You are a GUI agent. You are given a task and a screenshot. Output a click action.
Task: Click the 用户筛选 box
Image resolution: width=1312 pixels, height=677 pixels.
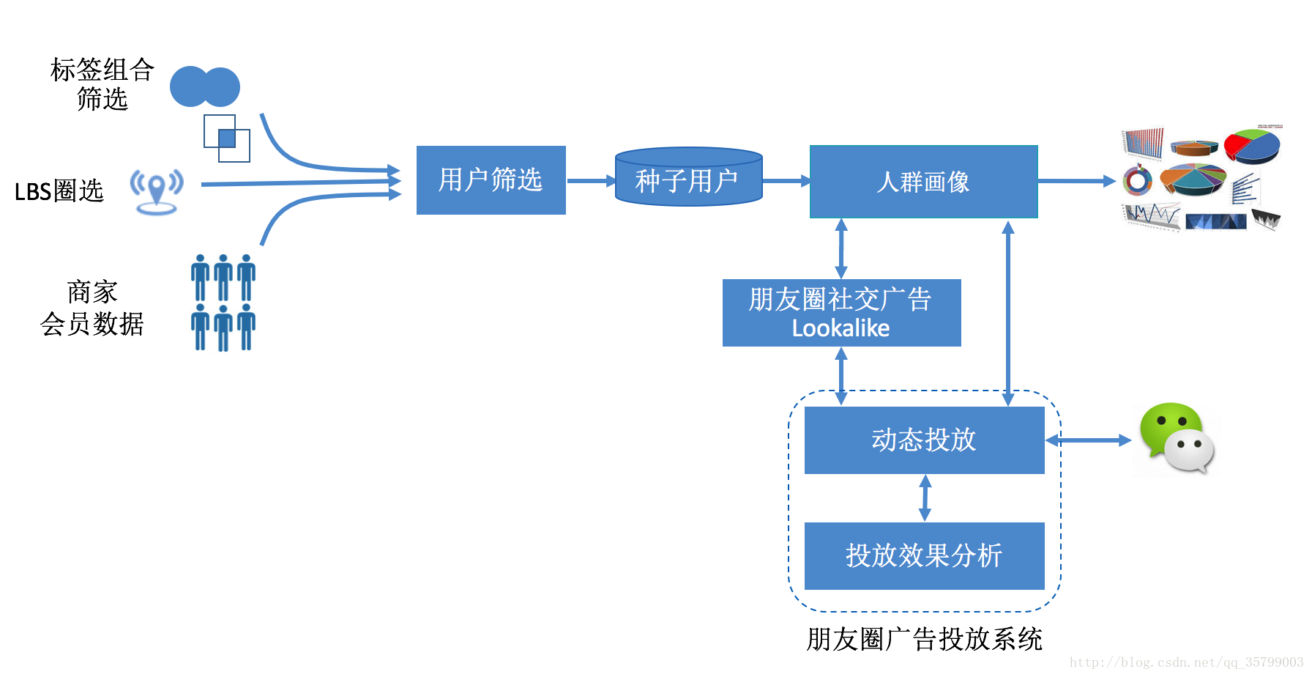[491, 180]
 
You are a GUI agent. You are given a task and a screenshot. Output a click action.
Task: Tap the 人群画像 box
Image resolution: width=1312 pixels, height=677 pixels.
[923, 182]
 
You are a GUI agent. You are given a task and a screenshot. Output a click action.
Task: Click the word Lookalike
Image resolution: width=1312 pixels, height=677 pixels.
[840, 329]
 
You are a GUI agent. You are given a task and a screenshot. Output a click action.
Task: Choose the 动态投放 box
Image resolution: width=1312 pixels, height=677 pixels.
[924, 440]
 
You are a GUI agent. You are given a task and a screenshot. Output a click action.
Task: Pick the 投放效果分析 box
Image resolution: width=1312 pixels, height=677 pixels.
[924, 555]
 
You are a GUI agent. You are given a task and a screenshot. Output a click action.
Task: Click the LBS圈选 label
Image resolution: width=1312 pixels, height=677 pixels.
[59, 191]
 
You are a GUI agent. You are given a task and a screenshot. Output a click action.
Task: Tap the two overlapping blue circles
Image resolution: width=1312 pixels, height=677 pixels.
[204, 86]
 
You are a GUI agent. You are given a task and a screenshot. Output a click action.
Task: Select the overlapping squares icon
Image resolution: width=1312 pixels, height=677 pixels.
[226, 138]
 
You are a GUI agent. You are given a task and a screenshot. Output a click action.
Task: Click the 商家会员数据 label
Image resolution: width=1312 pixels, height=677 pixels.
[92, 308]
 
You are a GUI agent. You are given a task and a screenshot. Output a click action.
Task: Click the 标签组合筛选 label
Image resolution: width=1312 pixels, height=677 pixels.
[102, 84]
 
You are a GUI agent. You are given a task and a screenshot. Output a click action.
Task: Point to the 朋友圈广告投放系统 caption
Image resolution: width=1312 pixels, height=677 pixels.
[924, 639]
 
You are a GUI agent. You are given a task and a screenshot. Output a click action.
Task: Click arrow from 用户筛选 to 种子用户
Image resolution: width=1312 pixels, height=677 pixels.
[590, 180]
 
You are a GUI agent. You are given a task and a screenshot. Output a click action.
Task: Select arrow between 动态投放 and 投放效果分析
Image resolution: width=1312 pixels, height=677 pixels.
[925, 498]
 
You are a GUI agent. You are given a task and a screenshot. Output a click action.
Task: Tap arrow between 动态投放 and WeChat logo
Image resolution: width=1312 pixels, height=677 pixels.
[1088, 440]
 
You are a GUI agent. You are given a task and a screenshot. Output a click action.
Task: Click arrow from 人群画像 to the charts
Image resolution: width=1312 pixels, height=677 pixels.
[1076, 181]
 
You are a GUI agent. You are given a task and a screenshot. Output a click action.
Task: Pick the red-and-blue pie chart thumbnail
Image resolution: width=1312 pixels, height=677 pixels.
[1253, 146]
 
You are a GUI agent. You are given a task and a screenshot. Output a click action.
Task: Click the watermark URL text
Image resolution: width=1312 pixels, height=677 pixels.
[1186, 662]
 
